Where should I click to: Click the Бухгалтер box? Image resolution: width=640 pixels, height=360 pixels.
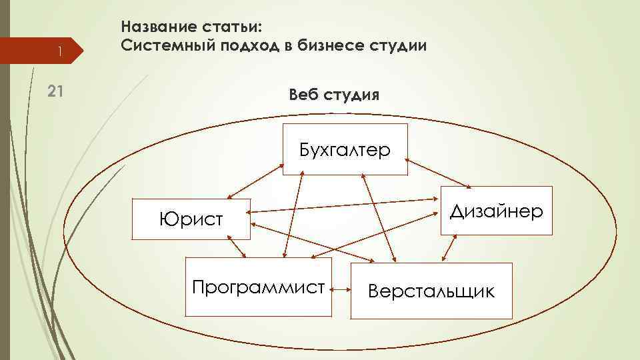coord(345,149)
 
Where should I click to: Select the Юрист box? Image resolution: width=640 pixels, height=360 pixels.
coord(191,219)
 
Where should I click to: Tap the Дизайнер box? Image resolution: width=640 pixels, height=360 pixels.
coord(497,211)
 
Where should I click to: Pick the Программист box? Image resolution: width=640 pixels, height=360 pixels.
coord(258,287)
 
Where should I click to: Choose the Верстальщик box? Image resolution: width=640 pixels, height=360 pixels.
coord(432,291)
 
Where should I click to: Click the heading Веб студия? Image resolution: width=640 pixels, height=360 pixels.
coord(335,95)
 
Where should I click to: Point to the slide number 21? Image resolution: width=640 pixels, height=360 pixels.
coord(56,93)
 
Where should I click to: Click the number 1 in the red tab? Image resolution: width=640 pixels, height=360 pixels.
coord(59,51)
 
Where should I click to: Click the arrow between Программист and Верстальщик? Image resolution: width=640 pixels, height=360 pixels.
coord(343,290)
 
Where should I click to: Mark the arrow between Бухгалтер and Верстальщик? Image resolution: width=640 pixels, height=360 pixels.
coord(379,217)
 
